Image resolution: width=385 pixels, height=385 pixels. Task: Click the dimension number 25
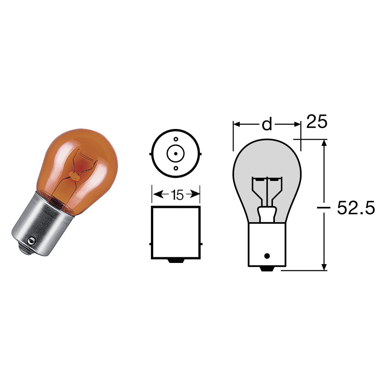coord(317,121)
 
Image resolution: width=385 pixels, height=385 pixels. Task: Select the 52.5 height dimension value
coord(356,208)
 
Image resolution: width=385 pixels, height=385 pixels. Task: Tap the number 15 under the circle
coord(177,195)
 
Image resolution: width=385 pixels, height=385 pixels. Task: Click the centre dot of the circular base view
coord(176,154)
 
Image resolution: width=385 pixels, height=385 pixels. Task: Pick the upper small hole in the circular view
coord(176,139)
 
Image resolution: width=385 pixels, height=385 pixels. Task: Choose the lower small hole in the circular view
coord(176,168)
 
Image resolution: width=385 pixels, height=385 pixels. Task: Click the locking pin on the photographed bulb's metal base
coord(30,241)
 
